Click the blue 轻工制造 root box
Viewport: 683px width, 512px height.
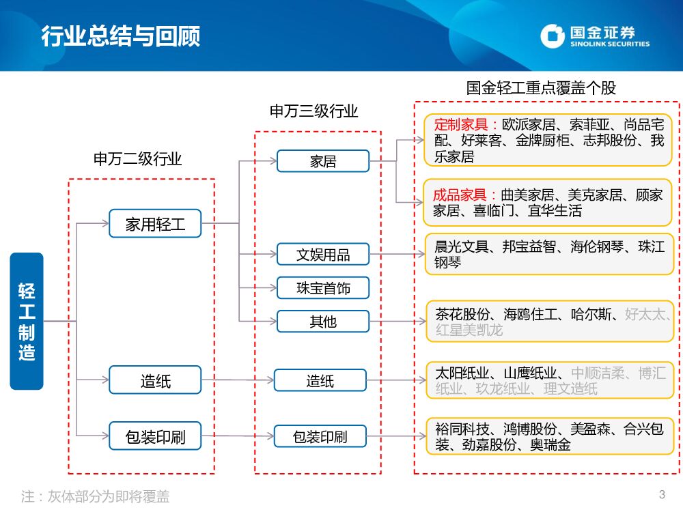[27, 321]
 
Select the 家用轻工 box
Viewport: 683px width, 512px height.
[155, 223]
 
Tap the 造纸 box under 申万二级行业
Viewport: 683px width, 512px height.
[155, 380]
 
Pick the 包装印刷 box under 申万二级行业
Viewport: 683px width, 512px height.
[155, 436]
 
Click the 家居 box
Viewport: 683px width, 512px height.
[322, 161]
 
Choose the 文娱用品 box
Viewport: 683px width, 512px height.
[322, 254]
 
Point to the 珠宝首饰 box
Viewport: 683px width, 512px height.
[322, 287]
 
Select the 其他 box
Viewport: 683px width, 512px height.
[322, 320]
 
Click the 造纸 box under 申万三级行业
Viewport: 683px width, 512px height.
[320, 380]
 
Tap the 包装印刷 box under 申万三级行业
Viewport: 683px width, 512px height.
[320, 436]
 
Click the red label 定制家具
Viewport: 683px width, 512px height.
[460, 125]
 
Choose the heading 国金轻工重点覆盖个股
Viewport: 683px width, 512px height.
[541, 88]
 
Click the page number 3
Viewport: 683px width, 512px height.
[661, 494]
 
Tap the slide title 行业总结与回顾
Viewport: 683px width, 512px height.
[120, 35]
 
